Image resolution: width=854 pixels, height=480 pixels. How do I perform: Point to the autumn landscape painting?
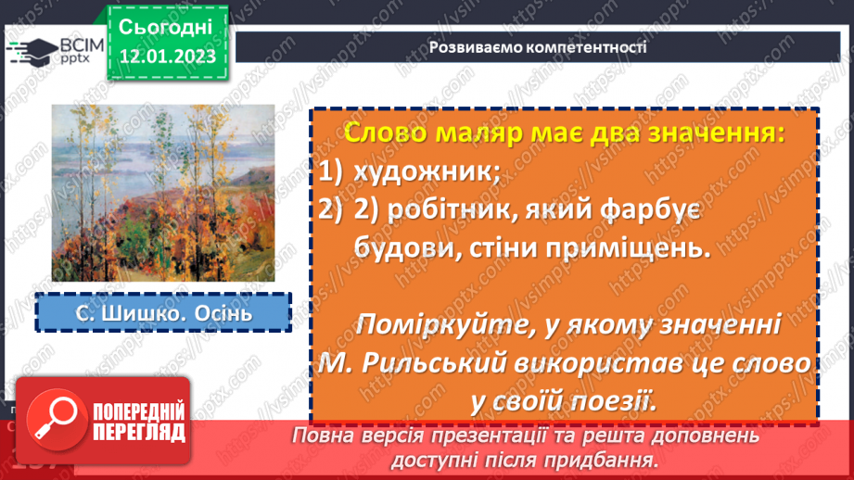[x=162, y=193]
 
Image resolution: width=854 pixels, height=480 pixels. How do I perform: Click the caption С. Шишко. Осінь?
[x=163, y=312]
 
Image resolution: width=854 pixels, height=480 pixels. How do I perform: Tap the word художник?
[x=424, y=171]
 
